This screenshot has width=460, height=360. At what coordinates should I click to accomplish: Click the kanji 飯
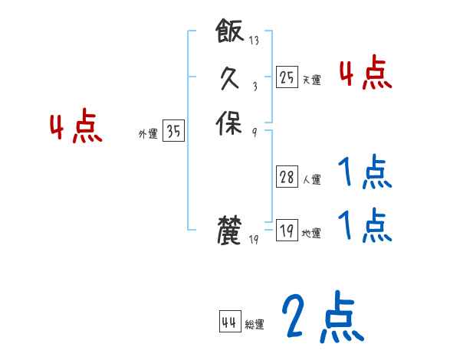click(230, 33)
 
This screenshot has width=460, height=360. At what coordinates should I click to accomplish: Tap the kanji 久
click(230, 78)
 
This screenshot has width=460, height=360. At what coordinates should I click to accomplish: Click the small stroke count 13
click(254, 41)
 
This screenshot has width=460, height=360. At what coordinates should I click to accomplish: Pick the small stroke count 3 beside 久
click(254, 87)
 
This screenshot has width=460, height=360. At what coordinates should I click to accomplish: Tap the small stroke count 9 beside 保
click(254, 132)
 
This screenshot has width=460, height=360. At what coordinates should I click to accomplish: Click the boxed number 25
click(287, 77)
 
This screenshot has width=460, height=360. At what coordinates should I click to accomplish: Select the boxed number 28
click(287, 178)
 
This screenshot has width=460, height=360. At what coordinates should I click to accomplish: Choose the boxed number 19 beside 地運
click(287, 230)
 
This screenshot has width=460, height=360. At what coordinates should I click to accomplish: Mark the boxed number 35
click(173, 132)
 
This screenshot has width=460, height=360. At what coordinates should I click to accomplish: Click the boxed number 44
click(229, 322)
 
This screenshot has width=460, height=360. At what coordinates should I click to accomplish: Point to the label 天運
click(311, 80)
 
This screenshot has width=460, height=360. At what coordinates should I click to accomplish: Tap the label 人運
click(311, 181)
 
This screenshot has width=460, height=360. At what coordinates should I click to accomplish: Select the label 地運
click(311, 233)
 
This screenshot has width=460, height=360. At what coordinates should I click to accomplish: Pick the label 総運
click(255, 325)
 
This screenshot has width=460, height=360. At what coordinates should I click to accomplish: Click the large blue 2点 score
click(321, 317)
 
